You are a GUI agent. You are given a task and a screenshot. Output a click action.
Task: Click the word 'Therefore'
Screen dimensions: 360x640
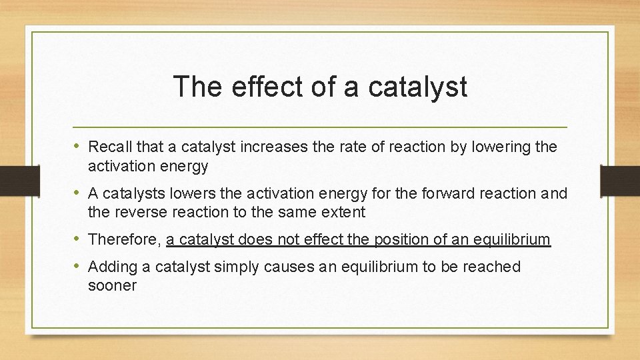(123, 240)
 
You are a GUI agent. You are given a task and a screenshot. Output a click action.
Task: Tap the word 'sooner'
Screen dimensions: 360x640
(112, 286)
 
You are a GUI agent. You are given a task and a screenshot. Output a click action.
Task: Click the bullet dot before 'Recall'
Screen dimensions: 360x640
(79, 146)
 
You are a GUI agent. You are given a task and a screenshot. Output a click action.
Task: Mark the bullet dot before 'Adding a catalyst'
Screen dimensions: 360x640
(79, 266)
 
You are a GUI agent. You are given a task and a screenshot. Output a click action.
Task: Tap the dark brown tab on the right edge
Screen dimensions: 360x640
(619, 181)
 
